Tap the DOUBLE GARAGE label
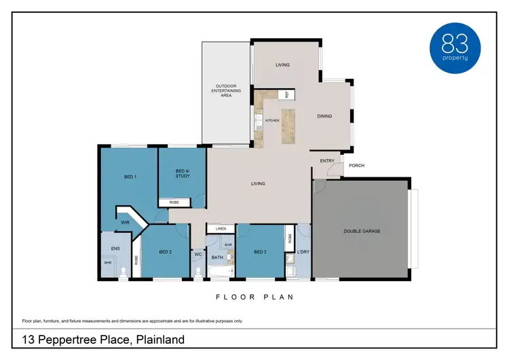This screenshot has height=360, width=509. pos(361,231)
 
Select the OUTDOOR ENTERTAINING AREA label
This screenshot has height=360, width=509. pos(221,90)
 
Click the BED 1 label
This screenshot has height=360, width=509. pos(130,177)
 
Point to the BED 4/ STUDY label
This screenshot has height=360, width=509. pos(182,173)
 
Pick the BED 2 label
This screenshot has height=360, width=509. pos(165,252)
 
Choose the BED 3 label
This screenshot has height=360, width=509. pos(260,252)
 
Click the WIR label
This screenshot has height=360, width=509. pos(125,222)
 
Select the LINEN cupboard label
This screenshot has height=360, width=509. pos(220,229)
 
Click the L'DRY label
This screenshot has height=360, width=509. pos(303,253)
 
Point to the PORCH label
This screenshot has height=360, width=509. pos(356,165)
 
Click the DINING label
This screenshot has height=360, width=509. pos(324,116)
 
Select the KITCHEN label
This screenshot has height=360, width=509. pos(271,120)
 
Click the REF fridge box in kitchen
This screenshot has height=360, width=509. pos(286,95)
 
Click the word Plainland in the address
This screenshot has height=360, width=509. pos(160,340)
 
